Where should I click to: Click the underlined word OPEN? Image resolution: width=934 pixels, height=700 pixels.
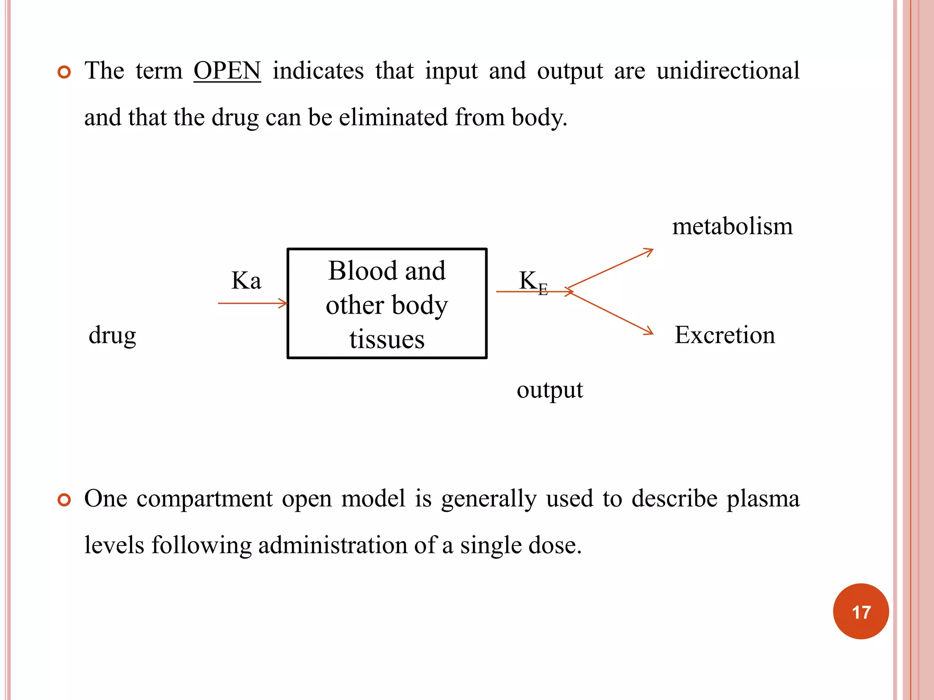click(227, 71)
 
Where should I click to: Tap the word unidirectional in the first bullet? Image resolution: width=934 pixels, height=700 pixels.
click(728, 71)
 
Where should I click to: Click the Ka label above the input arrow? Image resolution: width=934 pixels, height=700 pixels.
click(246, 281)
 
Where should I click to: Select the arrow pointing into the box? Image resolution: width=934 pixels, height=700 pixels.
click(253, 303)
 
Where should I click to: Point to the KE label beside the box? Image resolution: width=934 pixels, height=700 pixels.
click(533, 282)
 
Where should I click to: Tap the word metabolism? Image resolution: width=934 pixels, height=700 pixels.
click(732, 226)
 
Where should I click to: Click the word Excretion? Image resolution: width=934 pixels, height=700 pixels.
click(725, 335)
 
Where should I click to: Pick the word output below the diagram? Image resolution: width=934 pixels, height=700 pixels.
click(550, 390)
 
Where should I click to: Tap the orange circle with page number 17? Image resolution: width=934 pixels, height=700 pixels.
click(861, 612)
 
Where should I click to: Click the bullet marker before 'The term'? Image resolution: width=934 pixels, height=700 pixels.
click(64, 72)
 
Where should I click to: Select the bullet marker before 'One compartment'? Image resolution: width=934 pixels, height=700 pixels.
click(64, 500)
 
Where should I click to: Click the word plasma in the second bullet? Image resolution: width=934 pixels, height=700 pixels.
click(763, 499)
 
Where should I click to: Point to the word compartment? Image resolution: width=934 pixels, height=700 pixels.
click(205, 499)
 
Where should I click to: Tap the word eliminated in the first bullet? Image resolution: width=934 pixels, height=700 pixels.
click(393, 118)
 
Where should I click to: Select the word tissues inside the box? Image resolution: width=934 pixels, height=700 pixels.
click(387, 340)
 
